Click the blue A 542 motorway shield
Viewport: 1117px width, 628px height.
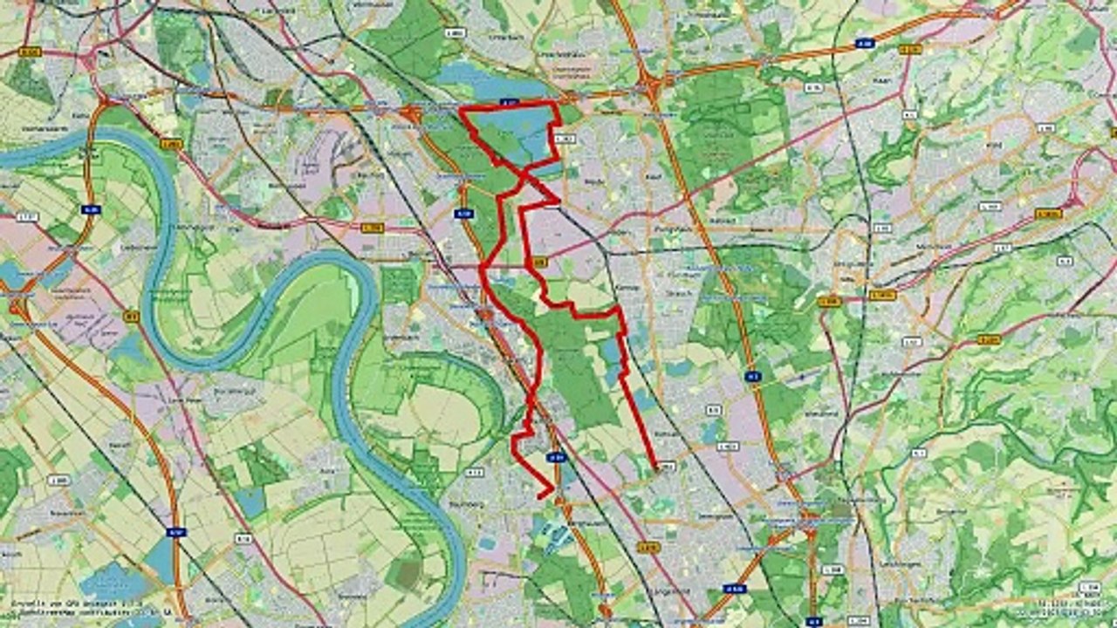tap(735, 588)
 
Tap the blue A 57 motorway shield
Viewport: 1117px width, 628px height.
tap(176, 531)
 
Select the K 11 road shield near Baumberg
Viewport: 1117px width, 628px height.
tap(474, 472)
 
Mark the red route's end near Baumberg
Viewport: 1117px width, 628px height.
tap(541, 495)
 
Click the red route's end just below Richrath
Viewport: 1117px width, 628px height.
tap(655, 468)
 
